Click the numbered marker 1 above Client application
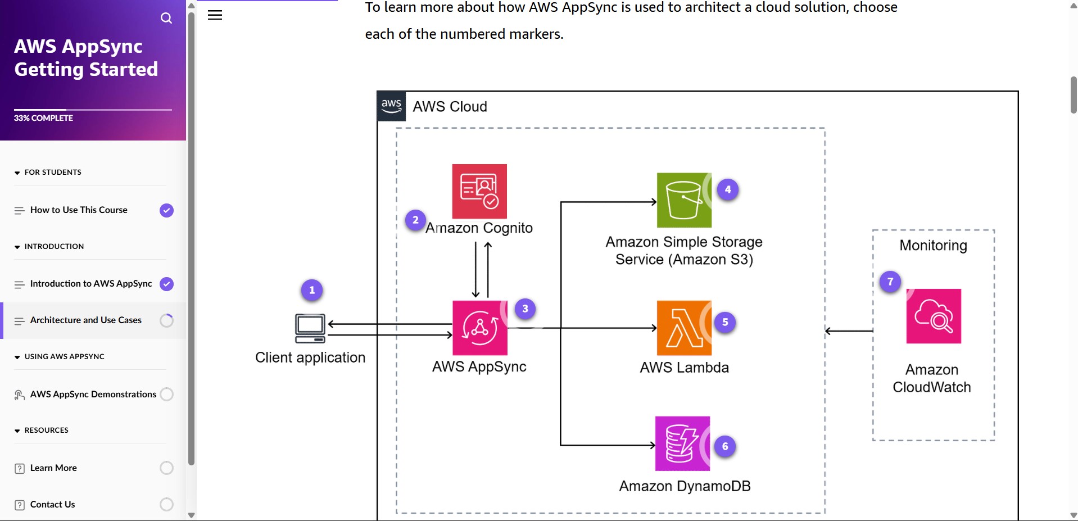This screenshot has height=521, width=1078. (x=312, y=290)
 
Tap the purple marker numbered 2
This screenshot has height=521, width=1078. (x=415, y=220)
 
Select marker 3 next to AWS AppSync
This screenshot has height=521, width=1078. (x=525, y=309)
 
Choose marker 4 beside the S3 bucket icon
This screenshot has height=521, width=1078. (x=728, y=189)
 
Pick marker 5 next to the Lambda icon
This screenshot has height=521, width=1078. (x=725, y=322)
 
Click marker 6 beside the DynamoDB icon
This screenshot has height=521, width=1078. (x=725, y=446)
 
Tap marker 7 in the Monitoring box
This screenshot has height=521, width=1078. (x=890, y=282)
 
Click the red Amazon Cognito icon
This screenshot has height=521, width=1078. (x=479, y=191)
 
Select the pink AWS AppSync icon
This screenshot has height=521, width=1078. (x=479, y=328)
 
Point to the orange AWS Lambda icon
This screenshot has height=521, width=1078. (x=683, y=328)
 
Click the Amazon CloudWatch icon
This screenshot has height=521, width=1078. (x=934, y=316)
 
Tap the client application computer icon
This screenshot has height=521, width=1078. (x=310, y=328)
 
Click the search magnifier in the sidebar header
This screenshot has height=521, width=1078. (x=166, y=18)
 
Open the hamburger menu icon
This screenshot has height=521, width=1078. (x=215, y=15)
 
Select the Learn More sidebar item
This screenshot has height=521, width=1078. (x=53, y=468)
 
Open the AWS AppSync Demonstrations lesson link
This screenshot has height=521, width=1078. (x=93, y=394)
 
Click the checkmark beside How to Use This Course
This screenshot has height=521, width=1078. (x=166, y=210)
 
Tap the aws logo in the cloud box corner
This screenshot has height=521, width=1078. (x=391, y=106)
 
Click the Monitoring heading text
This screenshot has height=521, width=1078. (x=933, y=246)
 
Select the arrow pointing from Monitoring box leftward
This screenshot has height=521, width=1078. (x=849, y=331)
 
